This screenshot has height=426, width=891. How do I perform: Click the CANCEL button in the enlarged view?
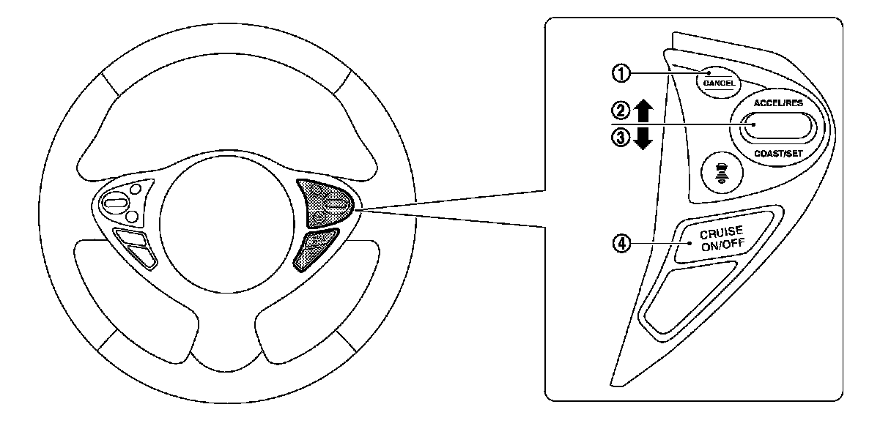[718, 82]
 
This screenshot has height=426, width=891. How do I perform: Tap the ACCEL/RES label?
[778, 103]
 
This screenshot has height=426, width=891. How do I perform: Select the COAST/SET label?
[778, 154]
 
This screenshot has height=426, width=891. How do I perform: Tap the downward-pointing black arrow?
[643, 138]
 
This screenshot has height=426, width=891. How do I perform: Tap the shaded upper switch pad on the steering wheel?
[325, 203]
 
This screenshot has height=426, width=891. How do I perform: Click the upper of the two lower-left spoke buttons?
[130, 239]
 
